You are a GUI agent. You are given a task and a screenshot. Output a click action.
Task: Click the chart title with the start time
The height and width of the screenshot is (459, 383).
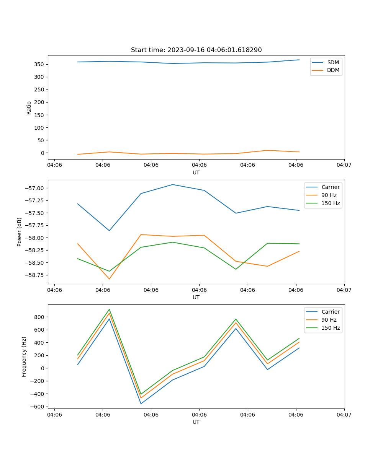click(196, 50)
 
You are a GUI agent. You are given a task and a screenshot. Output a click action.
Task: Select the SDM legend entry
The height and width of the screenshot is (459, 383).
click(333, 62)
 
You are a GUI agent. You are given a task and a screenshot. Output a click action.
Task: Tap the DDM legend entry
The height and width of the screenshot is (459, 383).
click(333, 70)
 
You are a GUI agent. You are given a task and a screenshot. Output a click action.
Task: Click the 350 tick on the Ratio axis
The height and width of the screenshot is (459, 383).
click(39, 64)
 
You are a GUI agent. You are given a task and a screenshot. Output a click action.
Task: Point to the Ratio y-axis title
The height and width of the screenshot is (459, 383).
click(29, 107)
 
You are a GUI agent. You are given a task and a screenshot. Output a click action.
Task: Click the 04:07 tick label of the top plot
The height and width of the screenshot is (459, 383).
click(344, 165)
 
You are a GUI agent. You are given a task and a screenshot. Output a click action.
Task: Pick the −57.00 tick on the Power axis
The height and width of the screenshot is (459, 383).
click(35, 188)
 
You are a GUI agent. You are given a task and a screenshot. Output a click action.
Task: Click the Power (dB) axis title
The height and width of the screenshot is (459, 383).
click(20, 232)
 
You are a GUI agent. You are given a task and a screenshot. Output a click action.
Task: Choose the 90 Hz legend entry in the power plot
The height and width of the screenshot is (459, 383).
click(329, 195)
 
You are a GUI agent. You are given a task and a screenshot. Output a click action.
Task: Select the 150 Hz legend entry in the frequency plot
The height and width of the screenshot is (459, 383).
click(331, 328)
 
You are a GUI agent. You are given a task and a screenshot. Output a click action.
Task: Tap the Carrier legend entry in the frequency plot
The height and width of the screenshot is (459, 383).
click(330, 312)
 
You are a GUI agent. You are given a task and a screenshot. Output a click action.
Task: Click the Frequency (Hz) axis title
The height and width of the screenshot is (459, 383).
click(24, 356)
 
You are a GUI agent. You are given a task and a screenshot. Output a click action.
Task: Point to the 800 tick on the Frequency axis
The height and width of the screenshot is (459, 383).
click(39, 317)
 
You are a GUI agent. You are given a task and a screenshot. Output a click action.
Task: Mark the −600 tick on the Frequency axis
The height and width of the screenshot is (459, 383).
click(38, 407)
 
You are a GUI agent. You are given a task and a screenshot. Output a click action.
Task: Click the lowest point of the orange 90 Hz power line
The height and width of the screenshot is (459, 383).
click(109, 279)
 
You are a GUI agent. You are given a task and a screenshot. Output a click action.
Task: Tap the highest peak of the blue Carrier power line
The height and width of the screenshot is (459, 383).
click(172, 185)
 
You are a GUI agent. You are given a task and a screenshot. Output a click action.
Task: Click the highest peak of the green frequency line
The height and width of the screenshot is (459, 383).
click(109, 309)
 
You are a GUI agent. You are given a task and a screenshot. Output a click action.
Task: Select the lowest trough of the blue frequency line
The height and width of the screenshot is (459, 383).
click(141, 404)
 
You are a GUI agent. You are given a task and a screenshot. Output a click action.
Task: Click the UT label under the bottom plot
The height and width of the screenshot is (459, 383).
click(196, 422)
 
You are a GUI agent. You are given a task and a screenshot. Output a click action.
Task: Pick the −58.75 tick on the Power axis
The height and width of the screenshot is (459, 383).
click(35, 275)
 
